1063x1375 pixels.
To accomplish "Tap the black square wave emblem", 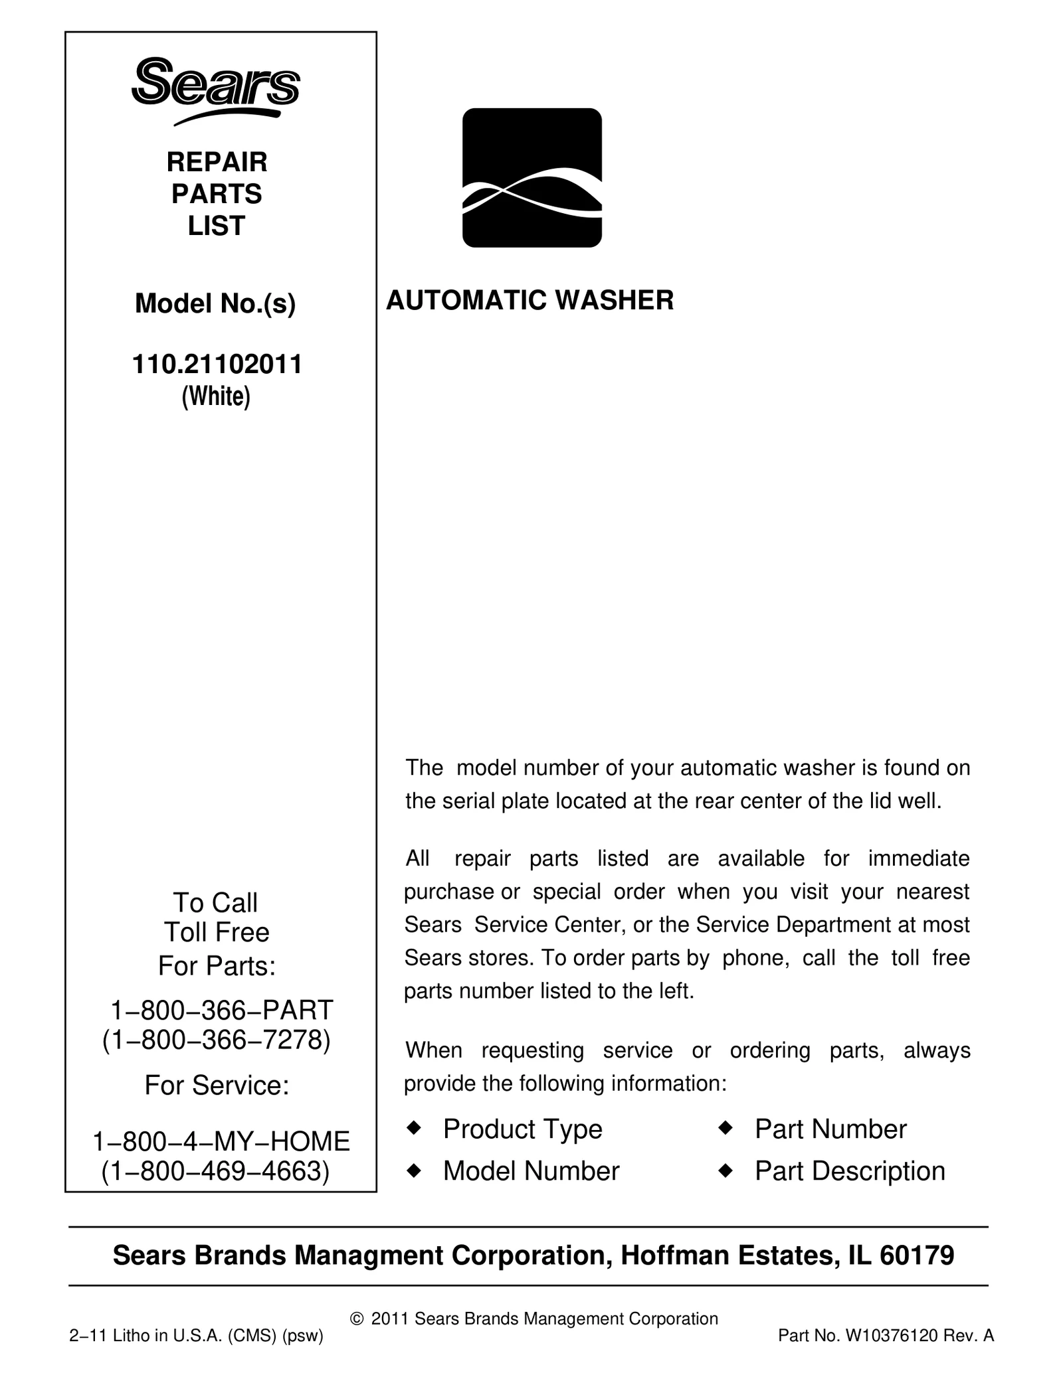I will [x=531, y=177].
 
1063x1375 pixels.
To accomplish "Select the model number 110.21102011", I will [x=217, y=364].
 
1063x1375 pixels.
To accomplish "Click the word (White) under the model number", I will [x=216, y=396].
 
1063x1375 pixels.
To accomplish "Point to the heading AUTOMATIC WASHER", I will [x=530, y=300].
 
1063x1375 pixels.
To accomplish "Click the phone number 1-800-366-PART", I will [x=221, y=1010].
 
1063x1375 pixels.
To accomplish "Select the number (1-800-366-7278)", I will [x=216, y=1040].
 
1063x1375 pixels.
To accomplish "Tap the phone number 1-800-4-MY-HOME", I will [x=221, y=1141].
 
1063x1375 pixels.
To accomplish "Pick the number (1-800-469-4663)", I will [x=215, y=1171].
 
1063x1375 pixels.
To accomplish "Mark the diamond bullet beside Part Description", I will [x=725, y=1170].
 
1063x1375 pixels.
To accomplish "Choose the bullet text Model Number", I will [x=531, y=1171].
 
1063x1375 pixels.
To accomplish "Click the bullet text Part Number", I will [x=830, y=1129].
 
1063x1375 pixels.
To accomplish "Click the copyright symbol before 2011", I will [x=356, y=1319].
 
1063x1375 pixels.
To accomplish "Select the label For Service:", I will [x=217, y=1086].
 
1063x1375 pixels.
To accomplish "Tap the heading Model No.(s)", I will [x=215, y=303].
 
